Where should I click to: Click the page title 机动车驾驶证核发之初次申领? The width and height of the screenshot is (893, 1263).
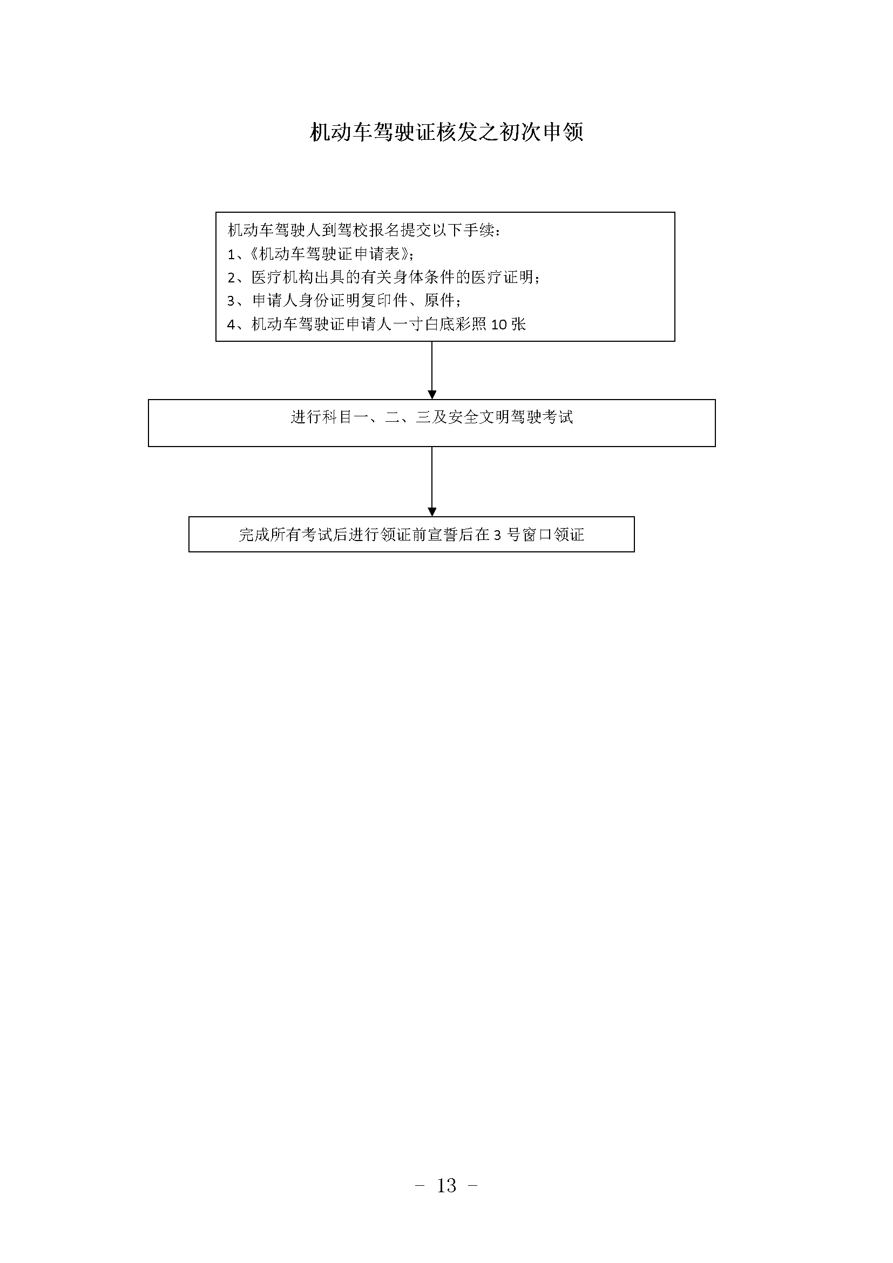[446, 132]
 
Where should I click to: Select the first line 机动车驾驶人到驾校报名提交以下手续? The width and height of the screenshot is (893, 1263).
[364, 230]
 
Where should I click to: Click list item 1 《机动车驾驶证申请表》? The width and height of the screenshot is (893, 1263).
[321, 254]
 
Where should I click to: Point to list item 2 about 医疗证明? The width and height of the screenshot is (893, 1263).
[383, 277]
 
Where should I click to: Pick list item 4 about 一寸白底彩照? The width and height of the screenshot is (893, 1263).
[377, 325]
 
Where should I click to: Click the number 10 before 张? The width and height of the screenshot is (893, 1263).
[499, 325]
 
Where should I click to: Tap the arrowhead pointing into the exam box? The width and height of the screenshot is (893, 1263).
[432, 395]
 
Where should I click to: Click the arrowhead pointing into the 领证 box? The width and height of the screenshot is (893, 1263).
[432, 512]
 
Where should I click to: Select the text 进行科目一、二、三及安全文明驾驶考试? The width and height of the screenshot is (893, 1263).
[432, 417]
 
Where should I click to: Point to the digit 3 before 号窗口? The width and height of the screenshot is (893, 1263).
[498, 535]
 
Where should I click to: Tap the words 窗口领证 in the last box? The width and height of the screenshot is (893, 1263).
[553, 535]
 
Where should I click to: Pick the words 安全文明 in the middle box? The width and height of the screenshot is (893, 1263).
[479, 417]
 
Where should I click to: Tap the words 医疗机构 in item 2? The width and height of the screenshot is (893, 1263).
[282, 277]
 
